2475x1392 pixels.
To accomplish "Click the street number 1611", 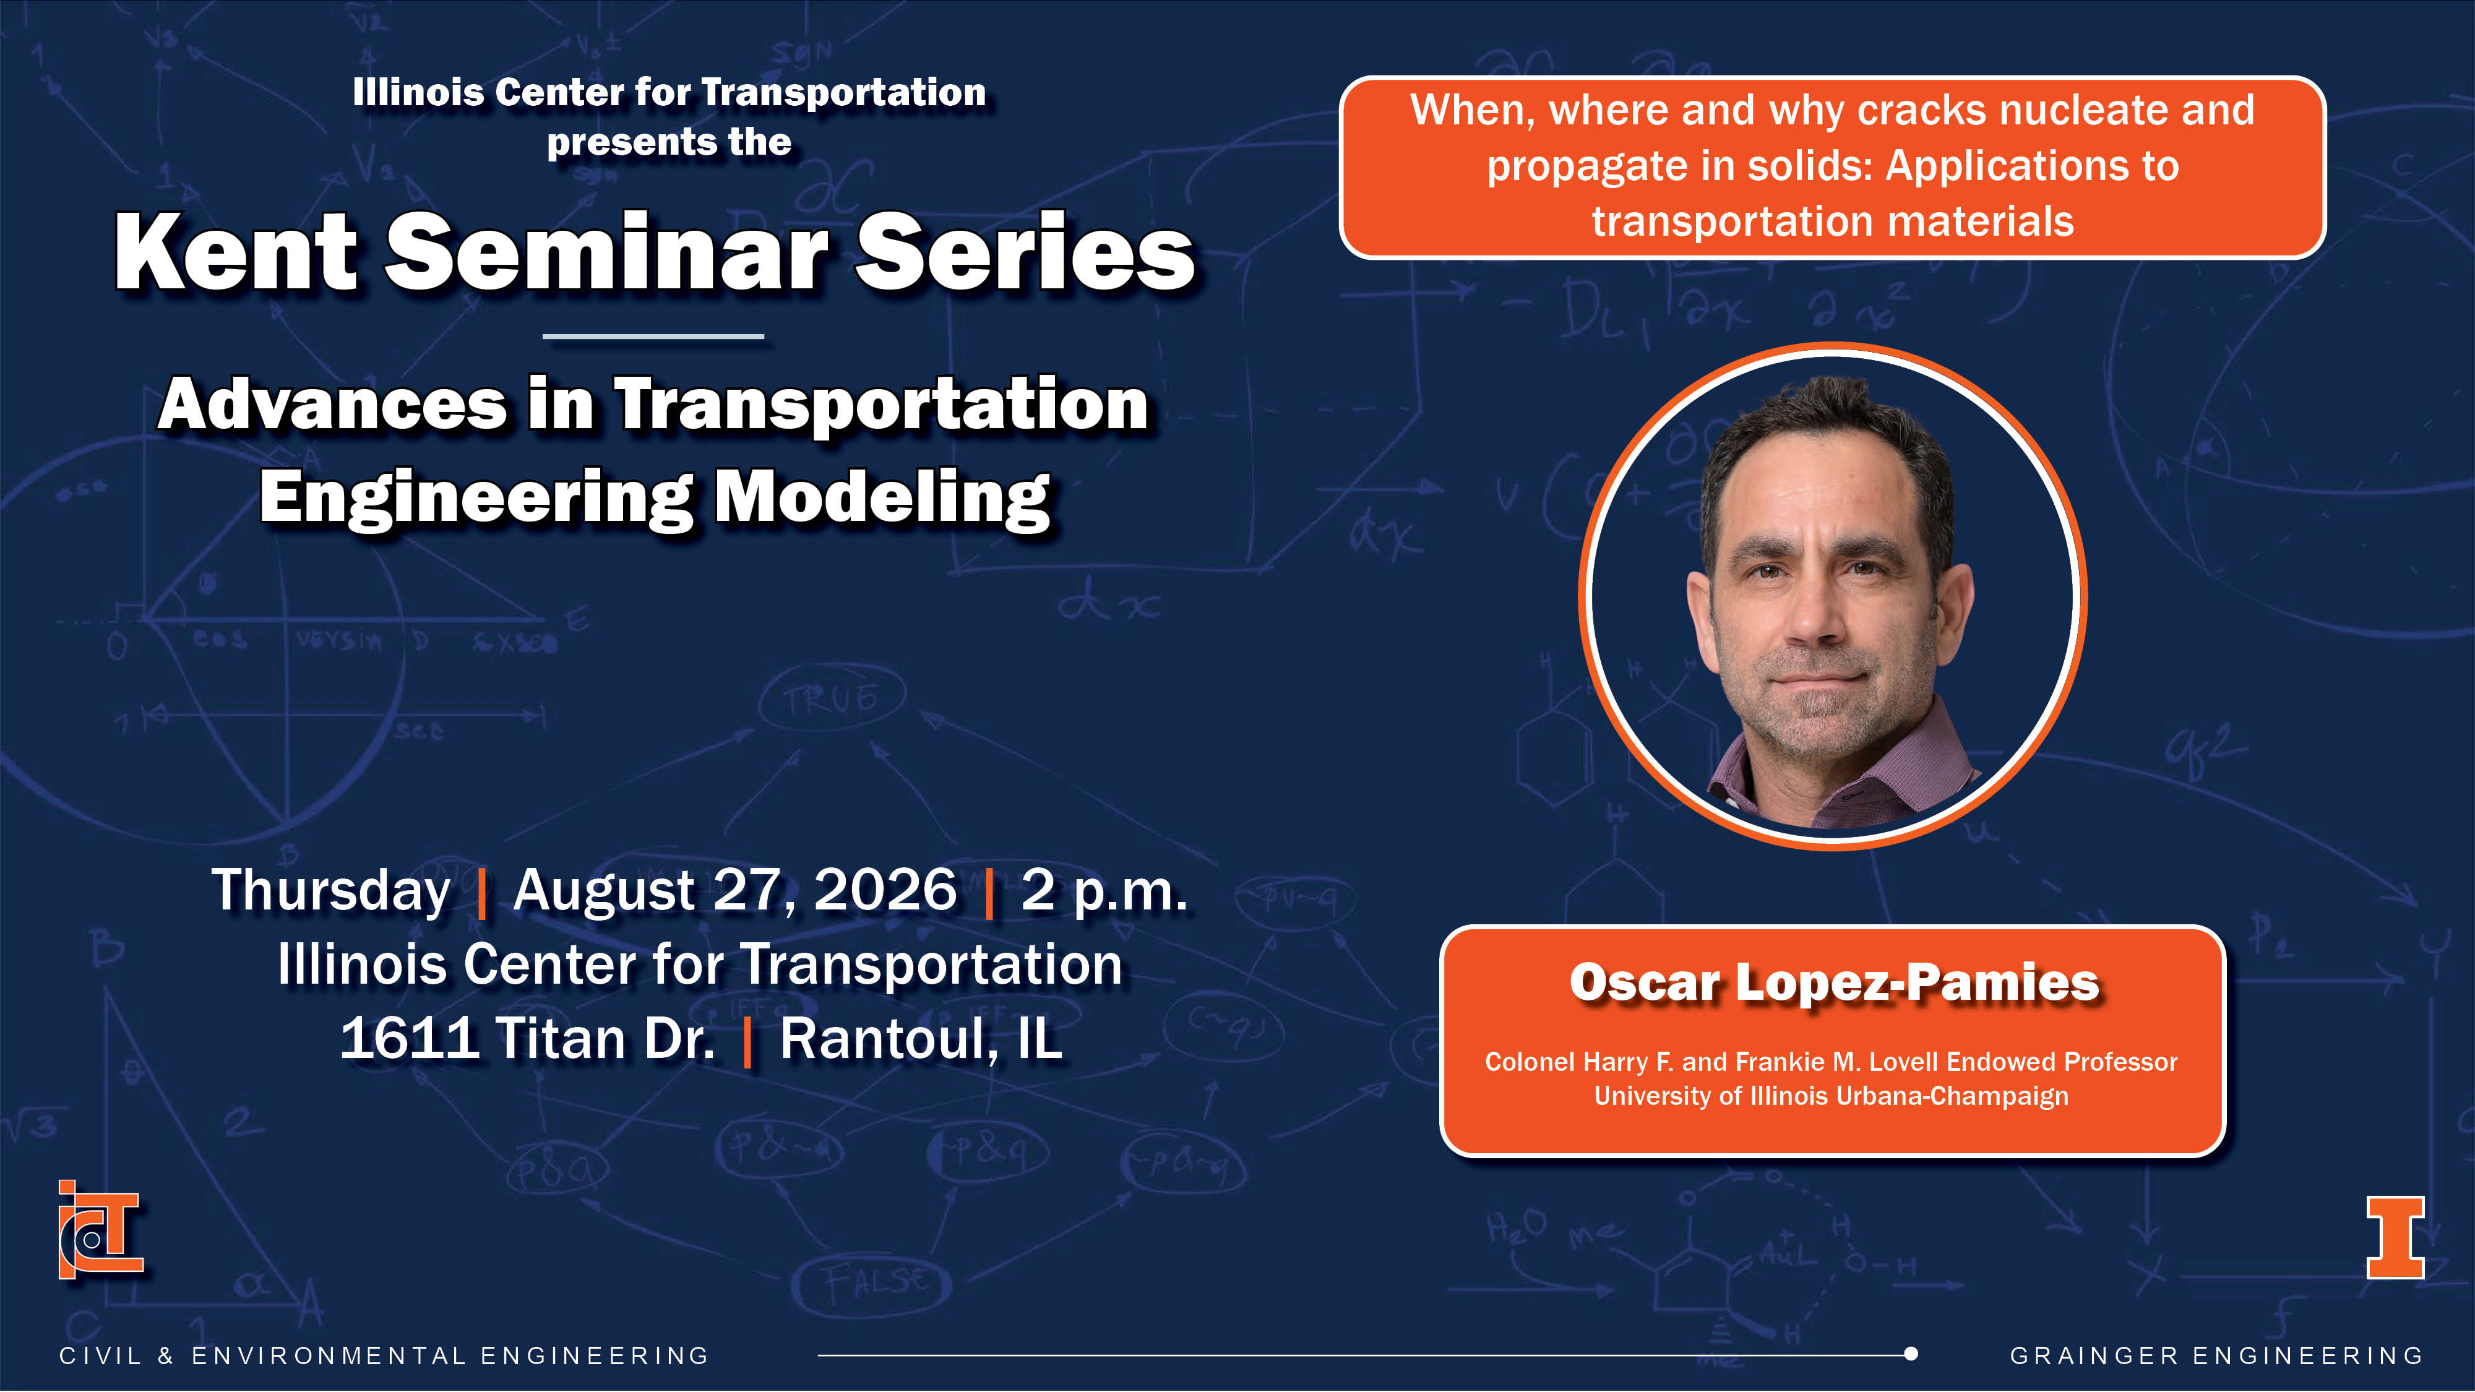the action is [409, 1039].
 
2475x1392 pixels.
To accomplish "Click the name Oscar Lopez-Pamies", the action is [1834, 983].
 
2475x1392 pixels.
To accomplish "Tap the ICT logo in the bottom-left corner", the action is [100, 1230].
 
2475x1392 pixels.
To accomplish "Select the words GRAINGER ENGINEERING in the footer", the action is [2216, 1355].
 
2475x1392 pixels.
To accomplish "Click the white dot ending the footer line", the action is [1911, 1354].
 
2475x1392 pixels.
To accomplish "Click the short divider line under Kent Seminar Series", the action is [653, 336].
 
